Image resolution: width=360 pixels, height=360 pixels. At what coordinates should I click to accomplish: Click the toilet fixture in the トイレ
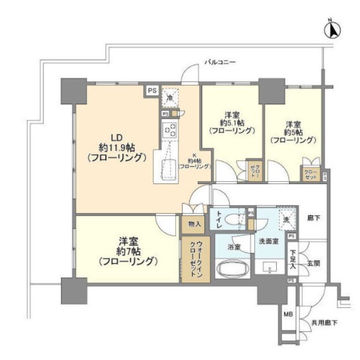pyautogui.click(x=234, y=221)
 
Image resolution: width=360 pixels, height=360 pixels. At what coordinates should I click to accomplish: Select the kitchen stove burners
pyautogui.click(x=172, y=130)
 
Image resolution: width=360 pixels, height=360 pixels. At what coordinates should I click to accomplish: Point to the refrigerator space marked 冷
pyautogui.click(x=170, y=99)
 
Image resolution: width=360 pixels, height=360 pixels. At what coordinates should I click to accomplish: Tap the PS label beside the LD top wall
pyautogui.click(x=151, y=91)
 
